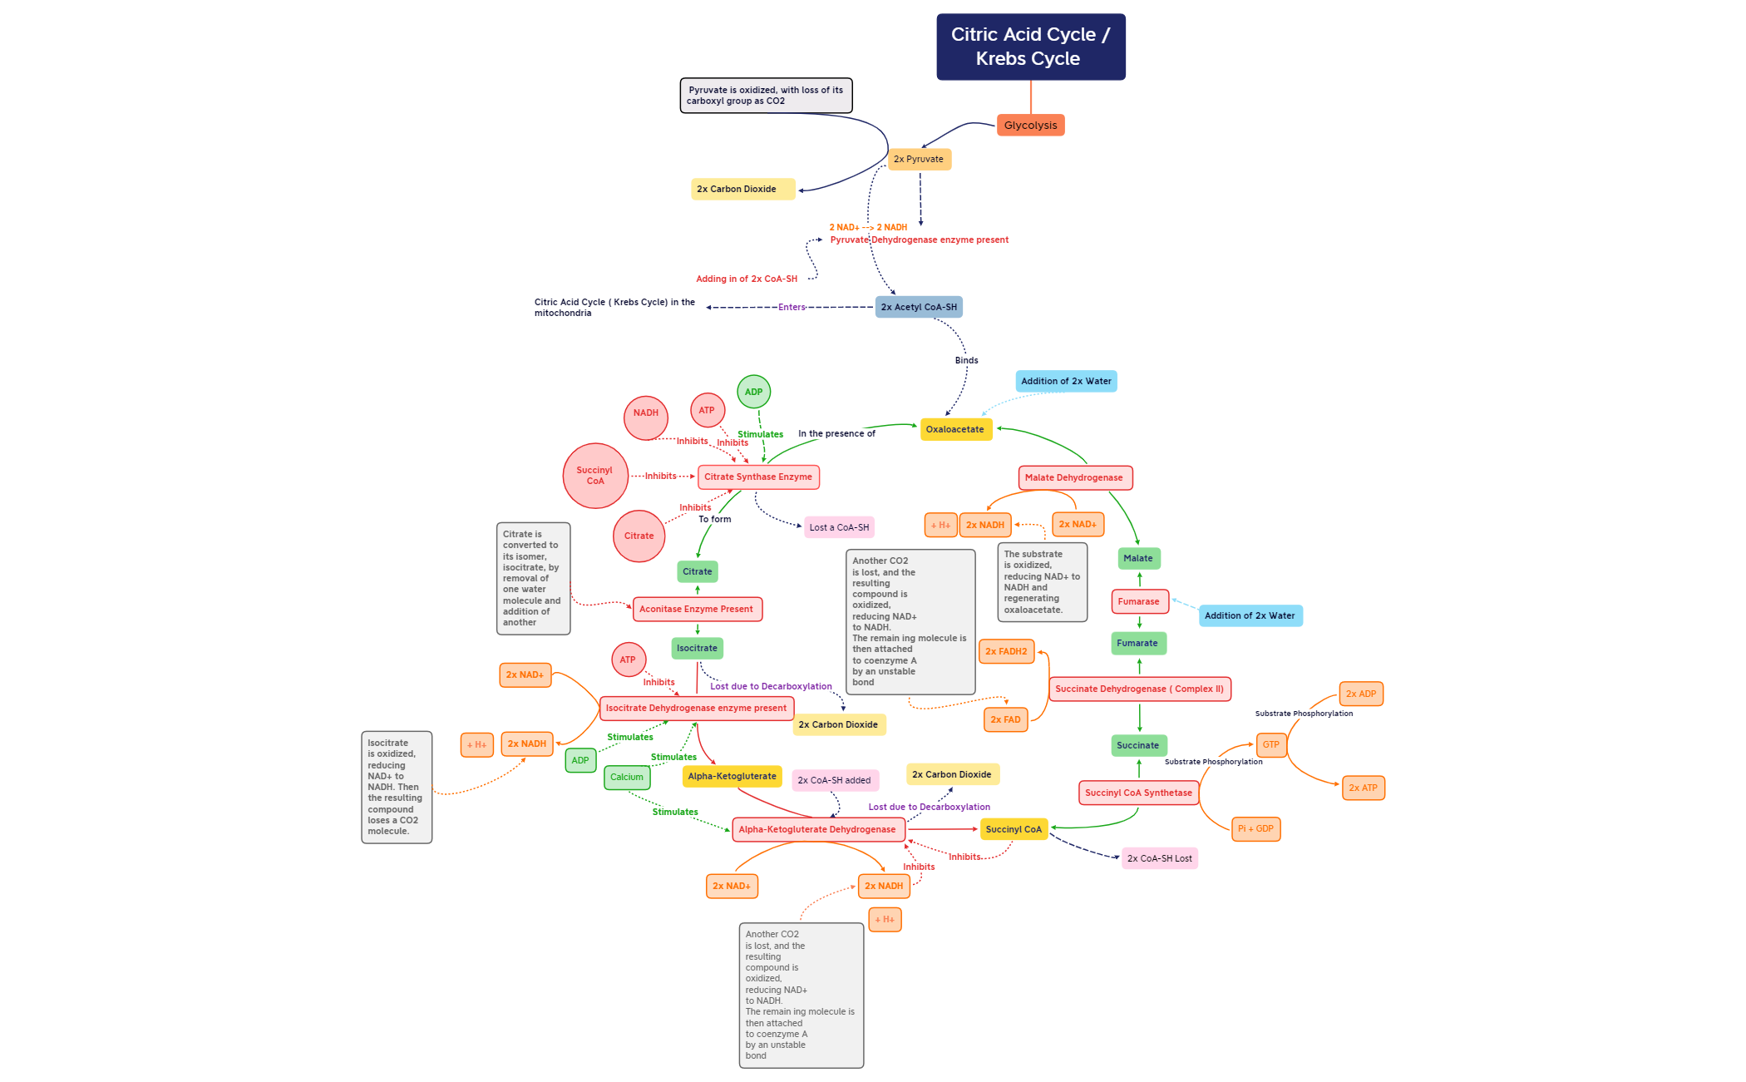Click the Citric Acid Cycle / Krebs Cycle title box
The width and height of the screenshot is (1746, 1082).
click(1030, 47)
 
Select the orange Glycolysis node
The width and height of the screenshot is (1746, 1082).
click(1030, 126)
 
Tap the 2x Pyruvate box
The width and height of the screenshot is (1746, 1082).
click(919, 159)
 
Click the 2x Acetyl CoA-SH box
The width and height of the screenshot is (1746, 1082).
click(919, 307)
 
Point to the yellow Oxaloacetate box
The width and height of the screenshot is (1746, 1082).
click(955, 429)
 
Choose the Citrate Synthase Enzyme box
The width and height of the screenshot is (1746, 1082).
click(758, 477)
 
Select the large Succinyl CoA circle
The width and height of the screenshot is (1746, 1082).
click(595, 476)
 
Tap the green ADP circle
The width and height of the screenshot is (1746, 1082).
click(753, 392)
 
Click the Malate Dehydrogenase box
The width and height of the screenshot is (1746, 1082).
click(1074, 477)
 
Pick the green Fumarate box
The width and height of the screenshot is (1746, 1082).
click(1137, 643)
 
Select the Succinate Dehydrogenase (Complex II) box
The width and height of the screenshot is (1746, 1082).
click(1139, 689)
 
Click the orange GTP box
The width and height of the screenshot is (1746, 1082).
click(1271, 744)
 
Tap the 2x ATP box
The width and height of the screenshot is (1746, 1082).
click(1363, 788)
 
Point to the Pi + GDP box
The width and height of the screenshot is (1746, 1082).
click(1255, 828)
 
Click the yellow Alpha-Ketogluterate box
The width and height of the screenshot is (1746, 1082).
click(732, 776)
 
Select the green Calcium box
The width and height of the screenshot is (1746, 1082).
click(627, 777)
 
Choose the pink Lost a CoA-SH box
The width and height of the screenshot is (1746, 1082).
click(839, 527)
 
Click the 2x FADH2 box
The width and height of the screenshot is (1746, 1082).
click(1006, 651)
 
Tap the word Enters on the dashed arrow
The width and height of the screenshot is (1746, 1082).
click(792, 307)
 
